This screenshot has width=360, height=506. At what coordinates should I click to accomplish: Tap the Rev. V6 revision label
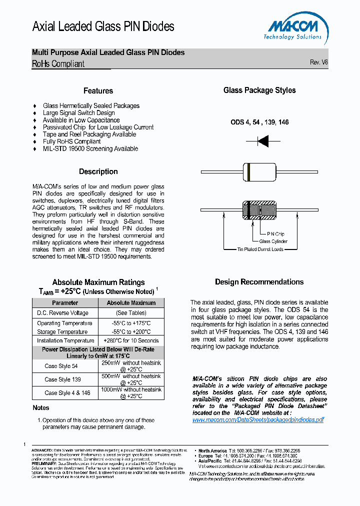pyautogui.click(x=318, y=62)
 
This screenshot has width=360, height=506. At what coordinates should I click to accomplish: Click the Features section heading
pyautogui.click(x=98, y=91)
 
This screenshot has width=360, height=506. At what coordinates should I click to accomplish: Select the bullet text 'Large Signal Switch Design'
pyautogui.click(x=78, y=113)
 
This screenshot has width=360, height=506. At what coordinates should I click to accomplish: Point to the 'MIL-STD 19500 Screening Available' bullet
pyautogui.click(x=90, y=148)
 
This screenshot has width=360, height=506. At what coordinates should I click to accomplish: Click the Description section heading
pyautogui.click(x=98, y=171)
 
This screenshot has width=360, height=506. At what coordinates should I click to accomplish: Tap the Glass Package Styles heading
pyautogui.click(x=259, y=90)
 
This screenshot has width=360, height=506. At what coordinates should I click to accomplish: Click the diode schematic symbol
pyautogui.click(x=263, y=142)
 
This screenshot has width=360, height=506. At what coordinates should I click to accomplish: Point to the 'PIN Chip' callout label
pyautogui.click(x=275, y=234)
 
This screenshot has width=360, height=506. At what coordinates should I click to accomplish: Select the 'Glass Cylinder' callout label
pyautogui.click(x=273, y=241)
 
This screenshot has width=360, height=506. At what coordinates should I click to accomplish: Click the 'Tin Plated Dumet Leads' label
pyautogui.click(x=260, y=248)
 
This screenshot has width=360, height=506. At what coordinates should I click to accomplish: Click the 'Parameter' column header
pyautogui.click(x=65, y=303)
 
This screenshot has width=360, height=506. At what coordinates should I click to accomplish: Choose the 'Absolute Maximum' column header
pyautogui.click(x=131, y=303)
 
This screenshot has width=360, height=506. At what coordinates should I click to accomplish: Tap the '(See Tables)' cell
pyautogui.click(x=131, y=313)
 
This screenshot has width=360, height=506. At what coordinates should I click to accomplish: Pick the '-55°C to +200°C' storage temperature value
pyautogui.click(x=131, y=331)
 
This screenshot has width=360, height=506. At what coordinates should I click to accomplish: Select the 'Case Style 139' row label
pyautogui.click(x=62, y=379)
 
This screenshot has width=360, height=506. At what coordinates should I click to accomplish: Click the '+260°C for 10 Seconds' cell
pyautogui.click(x=131, y=340)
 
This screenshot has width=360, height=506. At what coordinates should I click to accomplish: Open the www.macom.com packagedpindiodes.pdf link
pyautogui.click(x=258, y=420)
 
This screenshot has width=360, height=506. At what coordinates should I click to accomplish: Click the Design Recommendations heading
pyautogui.click(x=259, y=282)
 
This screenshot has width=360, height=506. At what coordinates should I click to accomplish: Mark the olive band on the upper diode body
pyautogui.click(x=248, y=171)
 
